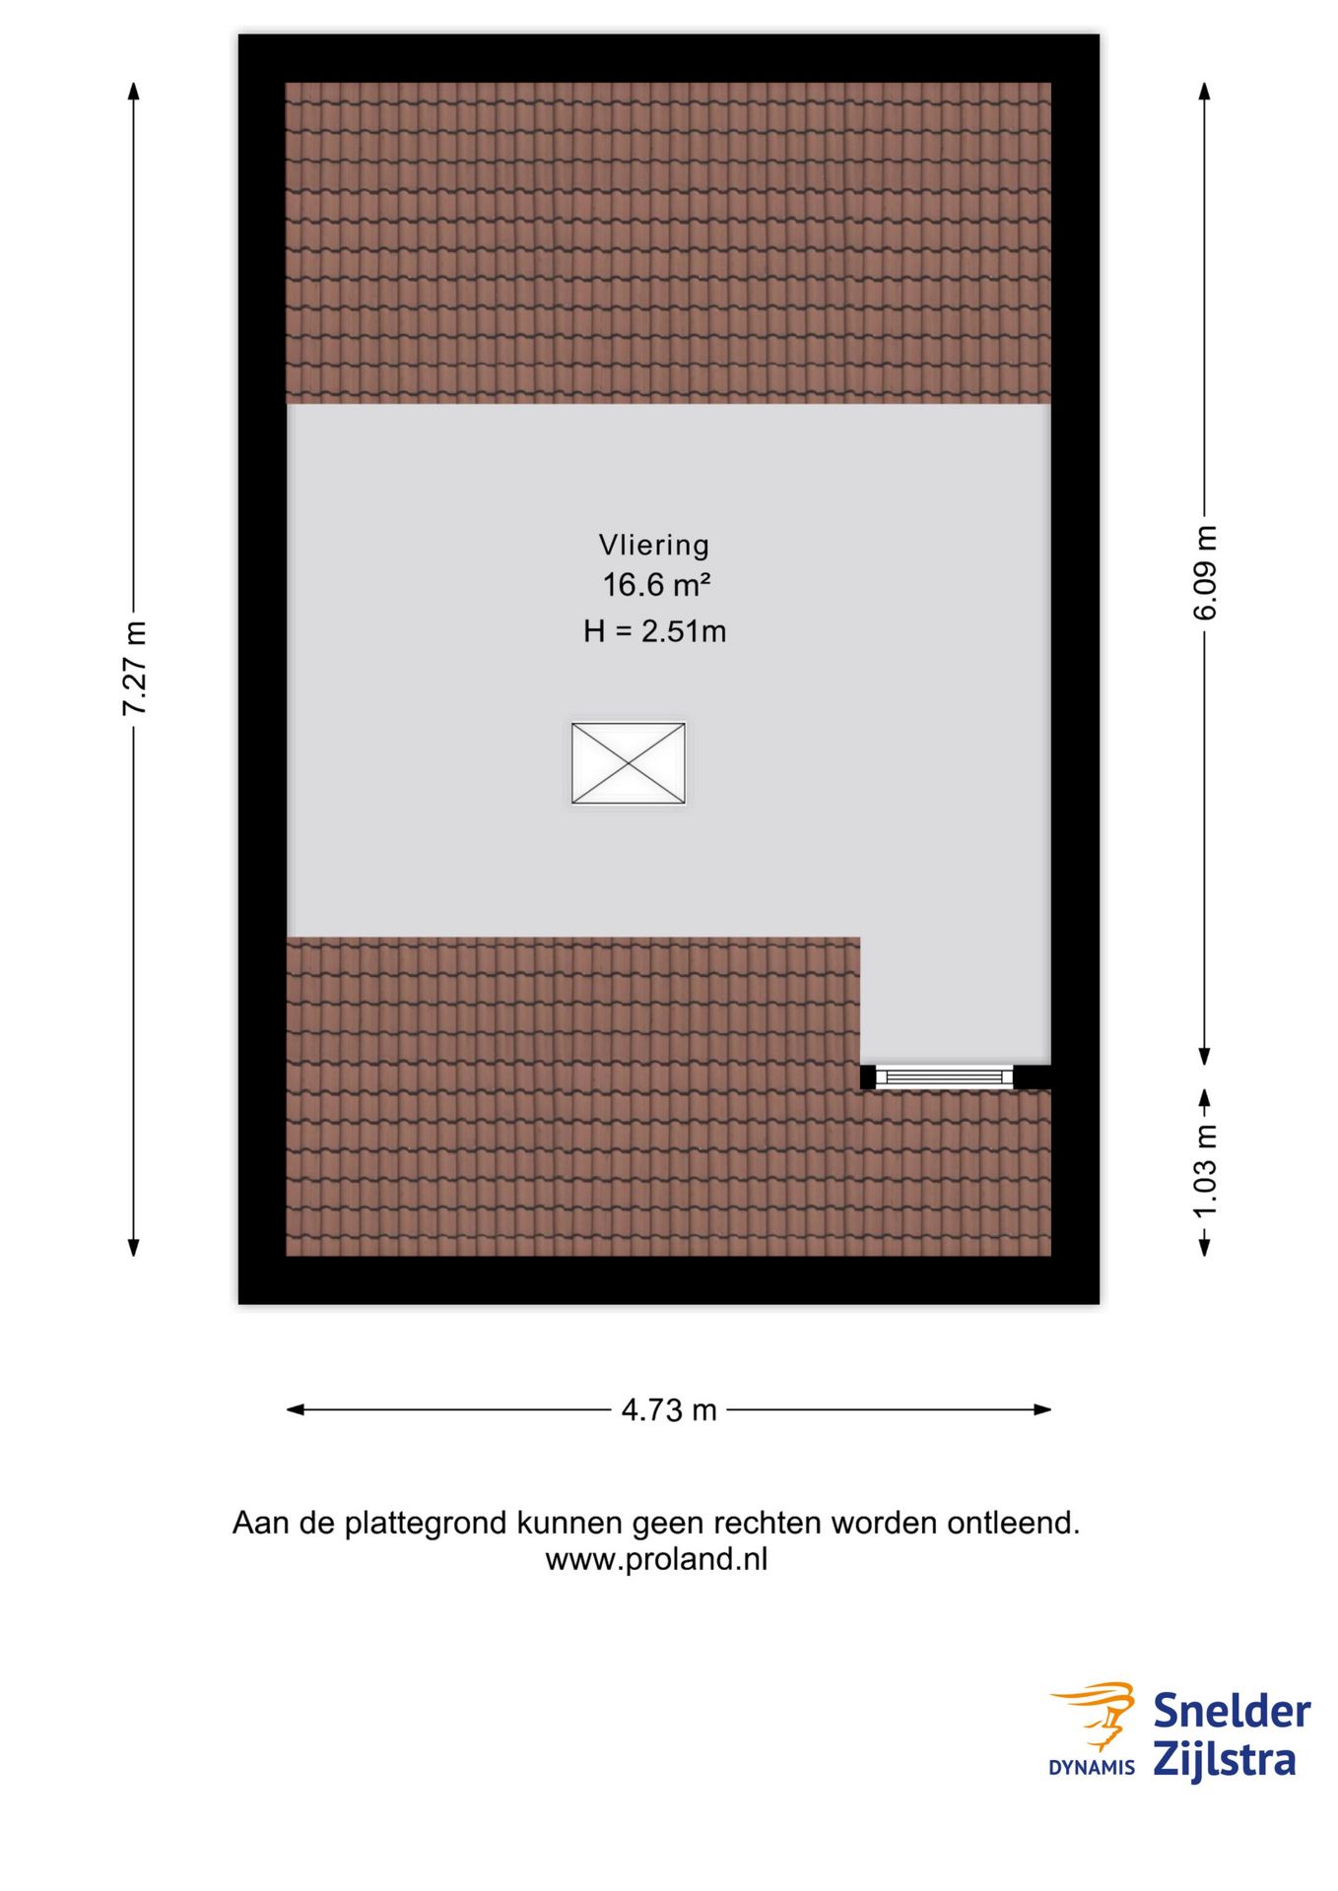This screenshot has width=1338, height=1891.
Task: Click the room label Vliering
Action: point(653,545)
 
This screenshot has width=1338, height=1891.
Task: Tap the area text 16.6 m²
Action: point(656,585)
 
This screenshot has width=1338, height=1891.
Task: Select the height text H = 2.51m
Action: point(654,631)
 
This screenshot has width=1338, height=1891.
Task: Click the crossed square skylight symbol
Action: point(628,763)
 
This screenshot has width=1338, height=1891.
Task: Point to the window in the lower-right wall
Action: point(944,1076)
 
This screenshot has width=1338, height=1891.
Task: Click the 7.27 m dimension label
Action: point(134,669)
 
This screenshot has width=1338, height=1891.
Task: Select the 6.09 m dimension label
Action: point(1205,572)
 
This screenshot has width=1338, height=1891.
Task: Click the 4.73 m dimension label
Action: point(668,1410)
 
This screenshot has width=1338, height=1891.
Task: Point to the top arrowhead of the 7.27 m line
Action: point(134,91)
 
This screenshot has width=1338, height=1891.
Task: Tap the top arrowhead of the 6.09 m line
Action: point(1204,91)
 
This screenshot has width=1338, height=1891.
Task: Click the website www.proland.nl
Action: point(656,1560)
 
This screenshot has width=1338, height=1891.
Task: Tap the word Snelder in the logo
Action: point(1231,1712)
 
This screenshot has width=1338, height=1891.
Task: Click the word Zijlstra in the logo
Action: point(1224,1760)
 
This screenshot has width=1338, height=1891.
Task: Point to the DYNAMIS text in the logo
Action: point(1091,1768)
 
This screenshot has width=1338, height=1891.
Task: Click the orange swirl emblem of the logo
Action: point(1096,1714)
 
